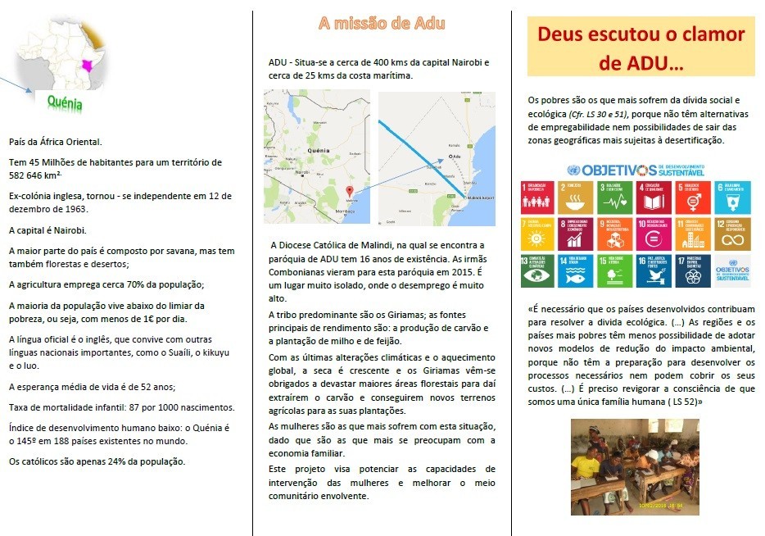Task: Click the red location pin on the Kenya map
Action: click(x=350, y=191)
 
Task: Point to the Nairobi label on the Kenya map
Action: click(x=301, y=172)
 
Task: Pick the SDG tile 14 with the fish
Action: click(x=573, y=270)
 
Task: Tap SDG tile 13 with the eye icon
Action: click(x=534, y=270)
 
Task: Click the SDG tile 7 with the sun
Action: click(x=534, y=234)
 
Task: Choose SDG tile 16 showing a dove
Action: click(x=650, y=270)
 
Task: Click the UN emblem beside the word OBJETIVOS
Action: click(x=573, y=170)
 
